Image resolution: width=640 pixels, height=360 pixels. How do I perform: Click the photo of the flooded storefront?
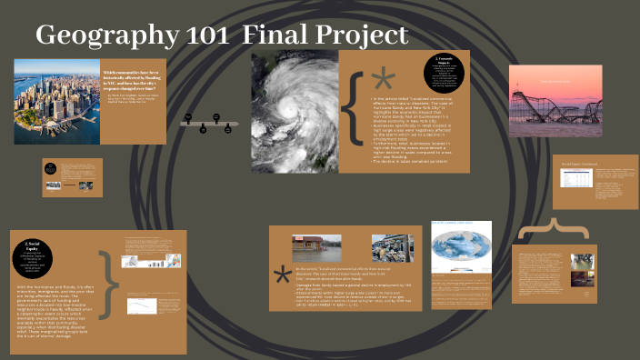(x=317, y=248)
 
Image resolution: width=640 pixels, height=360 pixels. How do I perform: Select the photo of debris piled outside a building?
(x=395, y=248)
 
